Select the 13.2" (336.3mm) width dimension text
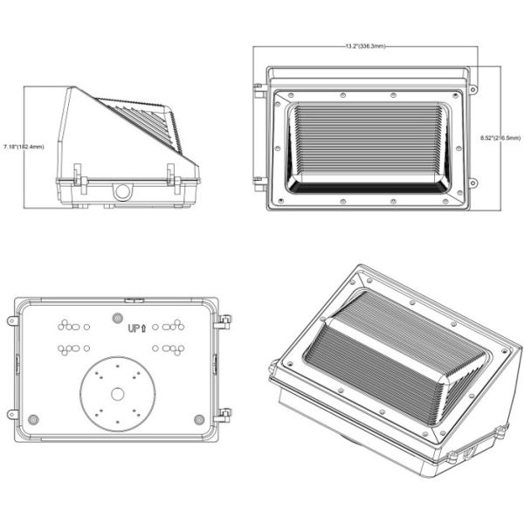[365, 46]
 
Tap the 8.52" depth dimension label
[501, 137]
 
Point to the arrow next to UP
[144, 328]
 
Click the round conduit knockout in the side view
[123, 190]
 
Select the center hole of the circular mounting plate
[117, 394]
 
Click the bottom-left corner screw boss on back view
[34, 418]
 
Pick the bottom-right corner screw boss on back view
[200, 418]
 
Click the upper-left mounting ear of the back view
[12, 321]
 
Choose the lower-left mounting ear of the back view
[12, 413]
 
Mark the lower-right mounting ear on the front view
[472, 183]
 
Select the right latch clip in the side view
[175, 179]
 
